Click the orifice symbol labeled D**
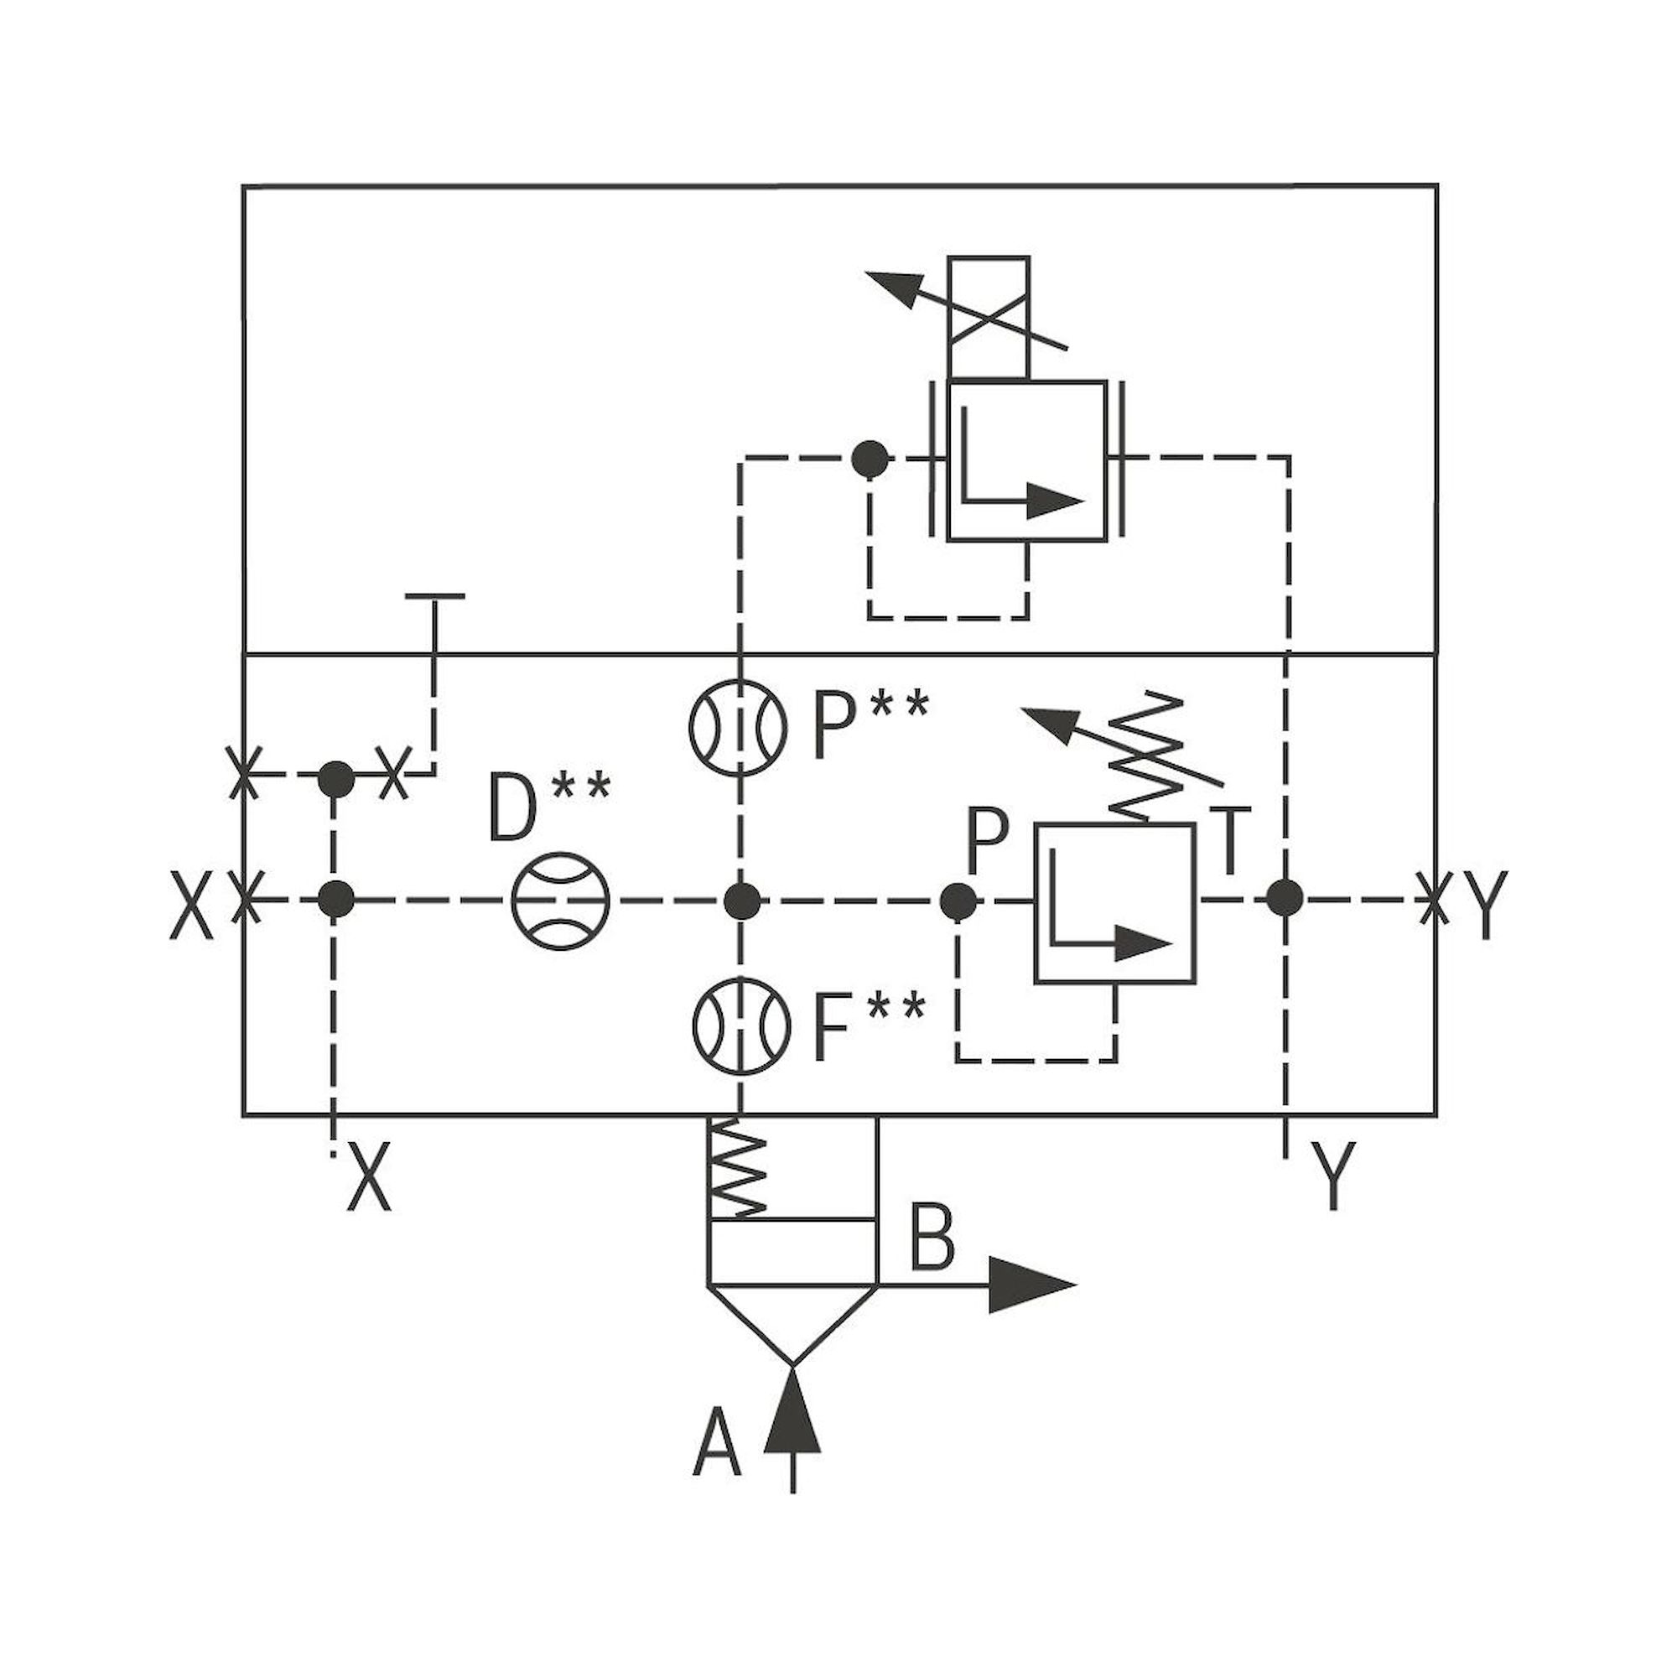point(561,901)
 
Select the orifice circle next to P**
point(738,726)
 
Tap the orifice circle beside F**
point(740,1025)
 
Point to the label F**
point(869,1027)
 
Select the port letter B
point(932,1237)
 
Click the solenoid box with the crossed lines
point(989,318)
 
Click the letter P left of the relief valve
point(987,841)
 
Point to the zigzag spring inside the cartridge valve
point(738,1168)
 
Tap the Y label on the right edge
point(1485,904)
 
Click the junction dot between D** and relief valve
point(741,901)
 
